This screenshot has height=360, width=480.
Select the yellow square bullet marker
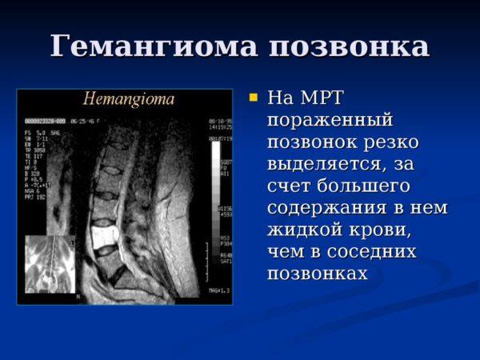[x=254, y=98]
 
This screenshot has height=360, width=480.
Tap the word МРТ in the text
[x=322, y=98]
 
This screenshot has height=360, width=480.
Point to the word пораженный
[x=330, y=120]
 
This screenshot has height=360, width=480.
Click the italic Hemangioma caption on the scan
[x=129, y=100]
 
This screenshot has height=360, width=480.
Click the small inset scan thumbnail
[x=49, y=264]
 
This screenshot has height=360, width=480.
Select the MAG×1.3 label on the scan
[x=219, y=290]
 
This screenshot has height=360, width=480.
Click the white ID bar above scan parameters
[x=44, y=121]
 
